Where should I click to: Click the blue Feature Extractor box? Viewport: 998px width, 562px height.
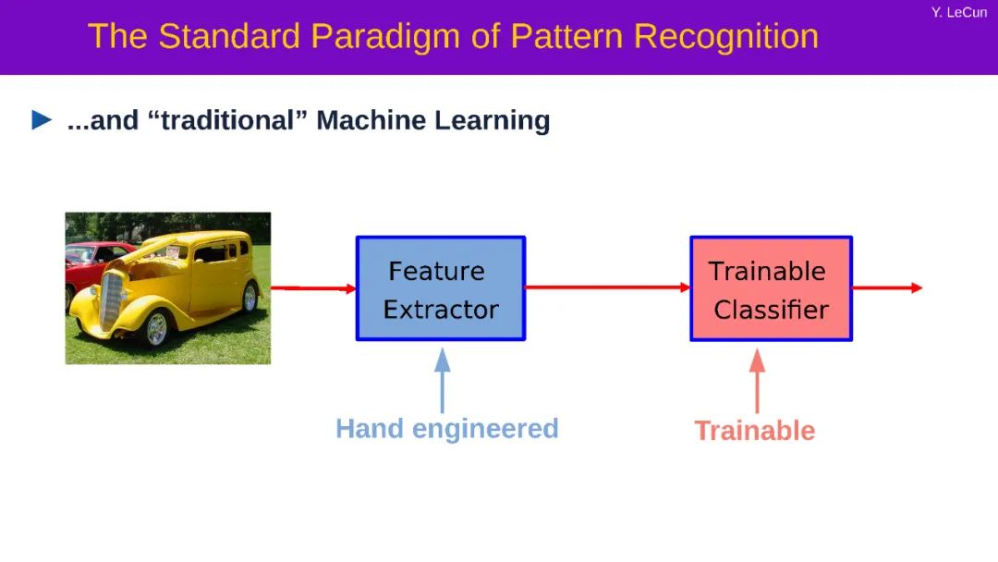(x=441, y=288)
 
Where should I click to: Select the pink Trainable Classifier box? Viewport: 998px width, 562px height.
(x=771, y=288)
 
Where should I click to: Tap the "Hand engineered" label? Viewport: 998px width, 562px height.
(x=446, y=429)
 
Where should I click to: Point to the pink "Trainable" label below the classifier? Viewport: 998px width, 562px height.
(x=754, y=431)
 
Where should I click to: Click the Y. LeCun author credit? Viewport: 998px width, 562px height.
(x=958, y=13)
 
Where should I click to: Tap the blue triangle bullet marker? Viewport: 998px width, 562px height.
(x=43, y=120)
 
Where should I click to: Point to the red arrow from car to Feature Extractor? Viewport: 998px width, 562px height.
(x=312, y=288)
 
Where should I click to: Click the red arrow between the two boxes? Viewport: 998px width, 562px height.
(x=607, y=287)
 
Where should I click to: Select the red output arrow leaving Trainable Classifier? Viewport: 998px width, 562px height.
(x=886, y=287)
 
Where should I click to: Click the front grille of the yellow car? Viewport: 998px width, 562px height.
(x=112, y=299)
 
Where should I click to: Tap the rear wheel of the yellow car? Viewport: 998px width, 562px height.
(x=249, y=298)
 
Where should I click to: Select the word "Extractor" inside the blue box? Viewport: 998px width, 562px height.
(x=441, y=310)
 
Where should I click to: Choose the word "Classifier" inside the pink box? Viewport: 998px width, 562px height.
(x=771, y=310)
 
